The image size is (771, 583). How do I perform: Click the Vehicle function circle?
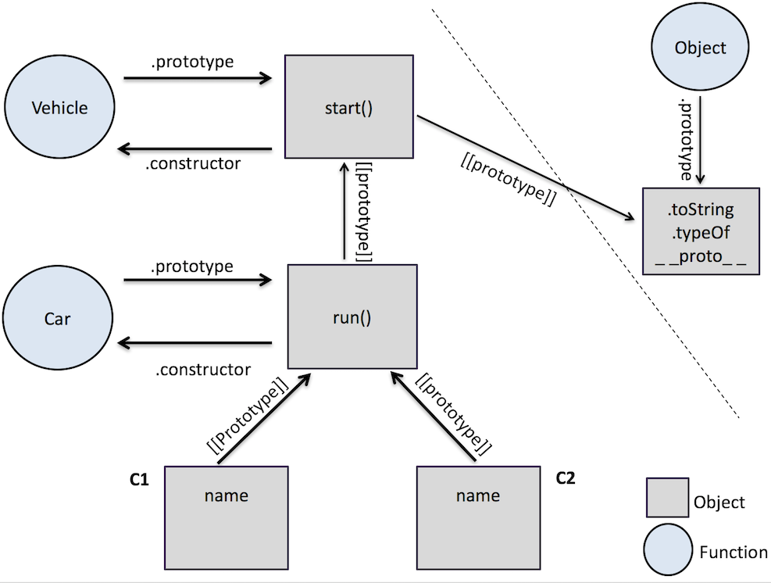tap(59, 106)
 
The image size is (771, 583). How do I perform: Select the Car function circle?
tap(58, 317)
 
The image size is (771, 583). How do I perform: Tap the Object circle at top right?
tap(700, 46)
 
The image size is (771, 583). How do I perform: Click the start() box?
tap(349, 106)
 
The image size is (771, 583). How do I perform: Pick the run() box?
tap(352, 317)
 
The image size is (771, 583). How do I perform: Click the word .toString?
tap(700, 209)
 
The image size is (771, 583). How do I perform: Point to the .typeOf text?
tap(700, 232)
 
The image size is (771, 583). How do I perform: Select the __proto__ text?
tap(701, 256)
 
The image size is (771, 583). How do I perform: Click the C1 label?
tap(139, 479)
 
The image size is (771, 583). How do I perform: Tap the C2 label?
tap(566, 477)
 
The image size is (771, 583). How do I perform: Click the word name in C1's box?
tap(227, 495)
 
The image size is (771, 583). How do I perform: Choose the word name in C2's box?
tap(478, 495)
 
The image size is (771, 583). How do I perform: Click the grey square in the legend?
tap(667, 497)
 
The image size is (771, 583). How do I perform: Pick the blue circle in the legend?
tap(668, 549)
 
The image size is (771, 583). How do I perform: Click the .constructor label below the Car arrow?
tap(203, 370)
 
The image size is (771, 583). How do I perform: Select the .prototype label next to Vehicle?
tap(192, 62)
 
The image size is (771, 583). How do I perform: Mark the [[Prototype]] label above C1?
tap(248, 415)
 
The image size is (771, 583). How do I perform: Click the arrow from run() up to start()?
tap(344, 210)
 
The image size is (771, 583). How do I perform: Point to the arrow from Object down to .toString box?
tap(700, 140)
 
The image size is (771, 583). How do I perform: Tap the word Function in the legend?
tap(734, 553)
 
